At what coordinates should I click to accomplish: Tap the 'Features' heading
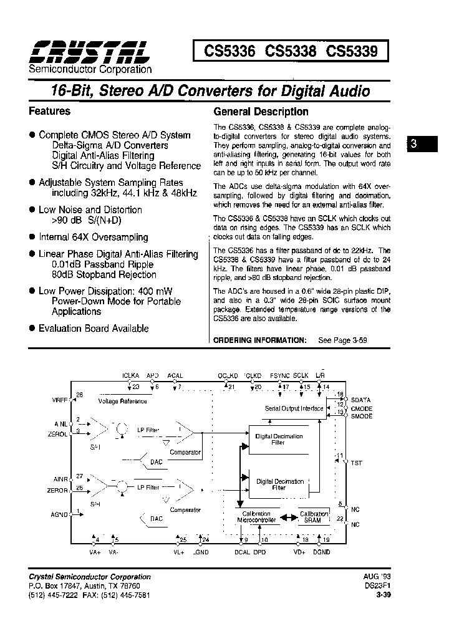point(50,111)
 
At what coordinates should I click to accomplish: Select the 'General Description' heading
point(261,112)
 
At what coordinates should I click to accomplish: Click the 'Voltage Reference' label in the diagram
point(123,402)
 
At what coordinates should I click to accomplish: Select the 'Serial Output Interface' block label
point(294,408)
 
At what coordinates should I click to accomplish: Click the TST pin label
point(356,463)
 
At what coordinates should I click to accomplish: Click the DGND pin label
point(322,552)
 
